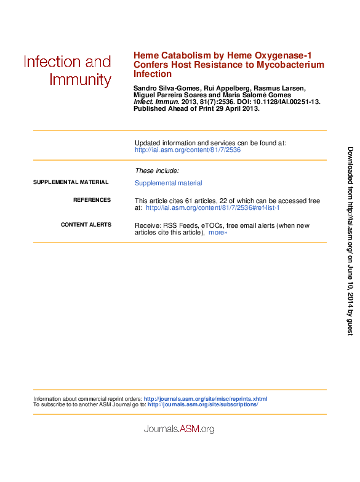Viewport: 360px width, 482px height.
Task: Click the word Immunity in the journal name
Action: click(x=80, y=80)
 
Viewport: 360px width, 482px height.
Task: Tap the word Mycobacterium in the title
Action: click(x=290, y=65)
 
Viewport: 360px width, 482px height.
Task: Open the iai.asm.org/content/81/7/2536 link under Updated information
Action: click(x=187, y=150)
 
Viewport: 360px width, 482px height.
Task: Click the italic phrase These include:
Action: click(x=157, y=171)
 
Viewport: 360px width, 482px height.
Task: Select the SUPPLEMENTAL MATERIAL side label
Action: click(x=71, y=182)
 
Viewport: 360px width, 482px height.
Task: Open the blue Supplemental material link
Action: click(x=168, y=183)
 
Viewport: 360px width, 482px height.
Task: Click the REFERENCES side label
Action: click(x=92, y=200)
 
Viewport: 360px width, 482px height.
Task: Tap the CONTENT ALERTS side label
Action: click(x=86, y=225)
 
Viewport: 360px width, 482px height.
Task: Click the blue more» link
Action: click(x=218, y=233)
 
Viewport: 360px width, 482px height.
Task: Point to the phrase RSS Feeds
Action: click(x=180, y=225)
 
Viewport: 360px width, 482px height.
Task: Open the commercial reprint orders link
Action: click(x=206, y=399)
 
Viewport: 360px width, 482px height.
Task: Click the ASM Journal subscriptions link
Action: click(x=203, y=404)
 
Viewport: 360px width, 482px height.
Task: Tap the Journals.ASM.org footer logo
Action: click(x=179, y=429)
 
